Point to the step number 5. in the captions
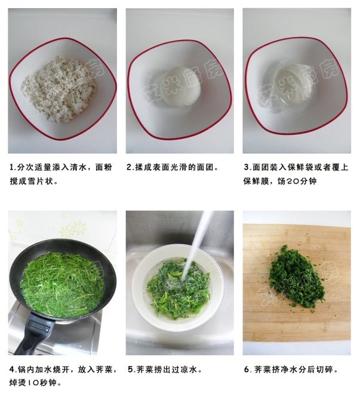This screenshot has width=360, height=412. (131, 370)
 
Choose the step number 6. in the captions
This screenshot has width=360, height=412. (247, 370)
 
